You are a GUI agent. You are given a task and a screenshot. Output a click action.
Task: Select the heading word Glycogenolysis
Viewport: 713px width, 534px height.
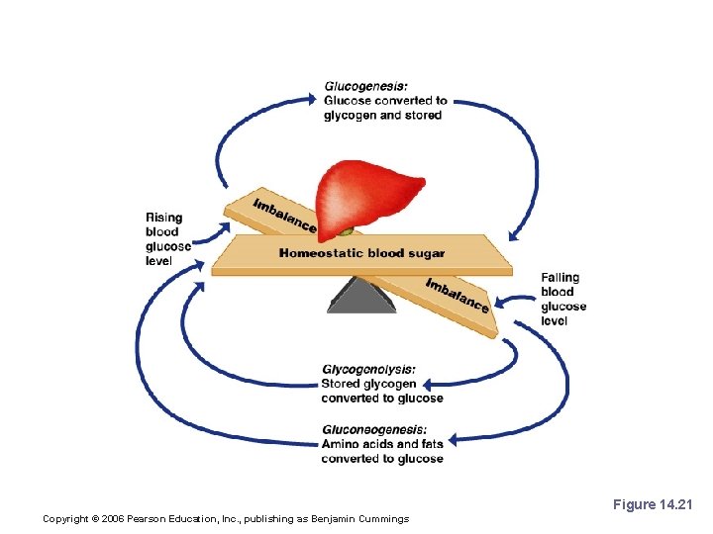point(367,370)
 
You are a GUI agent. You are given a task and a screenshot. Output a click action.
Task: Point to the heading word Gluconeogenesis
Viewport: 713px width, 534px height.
point(373,429)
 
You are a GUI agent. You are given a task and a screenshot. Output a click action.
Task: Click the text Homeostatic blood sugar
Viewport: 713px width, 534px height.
point(361,253)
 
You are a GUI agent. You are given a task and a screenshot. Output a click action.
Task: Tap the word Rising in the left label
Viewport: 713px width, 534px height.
point(163,218)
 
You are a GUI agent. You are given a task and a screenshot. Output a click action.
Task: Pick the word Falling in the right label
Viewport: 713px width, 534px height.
point(560,278)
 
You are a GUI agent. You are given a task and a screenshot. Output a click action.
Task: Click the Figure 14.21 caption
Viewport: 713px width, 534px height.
point(653,505)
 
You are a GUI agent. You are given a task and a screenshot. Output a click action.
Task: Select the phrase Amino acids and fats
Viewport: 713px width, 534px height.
point(381,444)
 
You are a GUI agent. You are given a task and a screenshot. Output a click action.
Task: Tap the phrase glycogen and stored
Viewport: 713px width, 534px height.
point(382,116)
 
